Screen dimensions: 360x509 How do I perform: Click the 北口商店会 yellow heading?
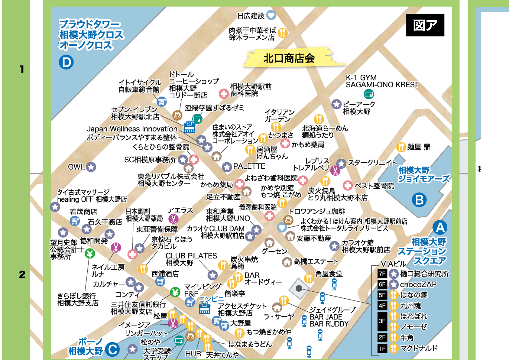[x=289, y=58]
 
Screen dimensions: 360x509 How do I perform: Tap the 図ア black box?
[x=425, y=25]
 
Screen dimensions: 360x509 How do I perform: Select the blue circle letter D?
[x=66, y=62]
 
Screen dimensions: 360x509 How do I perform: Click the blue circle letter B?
[x=419, y=200]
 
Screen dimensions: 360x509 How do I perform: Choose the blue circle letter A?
[x=440, y=227]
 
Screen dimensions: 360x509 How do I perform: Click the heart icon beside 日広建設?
[x=271, y=15]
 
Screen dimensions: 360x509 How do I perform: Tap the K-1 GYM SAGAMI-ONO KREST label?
[x=382, y=81]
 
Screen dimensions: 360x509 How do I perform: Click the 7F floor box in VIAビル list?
[x=382, y=274]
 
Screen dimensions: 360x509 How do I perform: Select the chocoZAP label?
[x=418, y=284]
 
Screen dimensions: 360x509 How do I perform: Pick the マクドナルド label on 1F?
[x=419, y=348]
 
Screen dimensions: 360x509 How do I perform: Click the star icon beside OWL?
[x=91, y=167]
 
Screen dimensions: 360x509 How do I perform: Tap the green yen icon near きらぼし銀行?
[x=90, y=254]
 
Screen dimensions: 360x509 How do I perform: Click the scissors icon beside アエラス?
[x=173, y=219]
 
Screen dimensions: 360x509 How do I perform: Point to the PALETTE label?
[x=249, y=166]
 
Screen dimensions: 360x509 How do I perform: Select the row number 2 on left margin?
[x=22, y=274]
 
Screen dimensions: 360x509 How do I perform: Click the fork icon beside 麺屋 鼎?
[x=401, y=147]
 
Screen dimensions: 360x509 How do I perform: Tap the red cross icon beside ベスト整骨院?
[x=348, y=185]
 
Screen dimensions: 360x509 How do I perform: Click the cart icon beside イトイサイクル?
[x=162, y=102]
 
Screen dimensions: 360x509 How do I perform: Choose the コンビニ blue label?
[x=211, y=299]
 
